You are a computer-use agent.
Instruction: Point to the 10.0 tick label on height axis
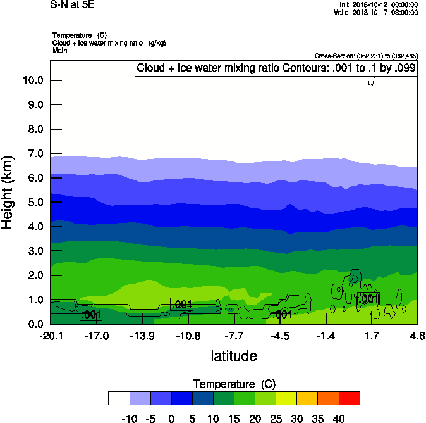click(32, 80)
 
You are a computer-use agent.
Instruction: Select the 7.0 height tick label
click(35, 154)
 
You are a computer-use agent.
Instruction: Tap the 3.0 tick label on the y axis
click(35, 251)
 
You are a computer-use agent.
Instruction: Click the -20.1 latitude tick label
click(51, 336)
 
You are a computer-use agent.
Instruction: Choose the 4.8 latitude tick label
click(417, 336)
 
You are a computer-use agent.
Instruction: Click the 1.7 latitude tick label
click(372, 336)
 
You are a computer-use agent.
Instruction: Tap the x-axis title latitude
click(234, 356)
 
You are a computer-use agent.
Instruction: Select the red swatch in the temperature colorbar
click(350, 398)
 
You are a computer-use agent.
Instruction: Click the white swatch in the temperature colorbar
click(119, 398)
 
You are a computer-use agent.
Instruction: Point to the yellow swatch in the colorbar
click(287, 398)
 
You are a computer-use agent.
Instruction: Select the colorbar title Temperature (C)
click(234, 384)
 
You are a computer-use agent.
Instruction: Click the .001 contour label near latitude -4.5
click(281, 314)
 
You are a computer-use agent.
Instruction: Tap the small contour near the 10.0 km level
click(372, 81)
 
